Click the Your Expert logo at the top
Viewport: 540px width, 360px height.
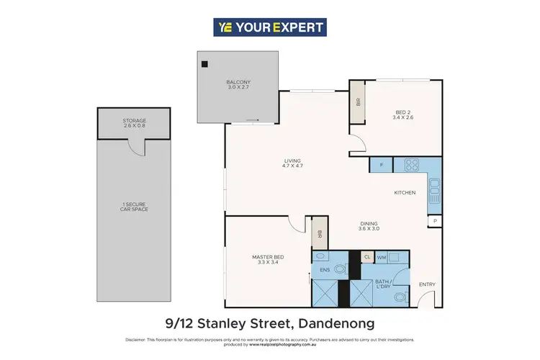pos(270,27)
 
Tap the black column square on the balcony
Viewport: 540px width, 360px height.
pos(204,64)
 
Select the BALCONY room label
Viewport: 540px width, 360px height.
pos(238,84)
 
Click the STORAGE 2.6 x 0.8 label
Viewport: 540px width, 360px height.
pos(134,122)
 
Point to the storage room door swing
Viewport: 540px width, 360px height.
pos(136,146)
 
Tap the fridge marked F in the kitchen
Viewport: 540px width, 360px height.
pos(380,166)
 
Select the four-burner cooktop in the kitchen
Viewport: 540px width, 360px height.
pos(411,166)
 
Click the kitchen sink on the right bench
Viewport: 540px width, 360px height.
pos(434,192)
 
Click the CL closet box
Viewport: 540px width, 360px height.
pos(366,256)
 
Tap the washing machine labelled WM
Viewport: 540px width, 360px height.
pos(382,256)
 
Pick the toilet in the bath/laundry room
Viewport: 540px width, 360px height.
pos(401,295)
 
